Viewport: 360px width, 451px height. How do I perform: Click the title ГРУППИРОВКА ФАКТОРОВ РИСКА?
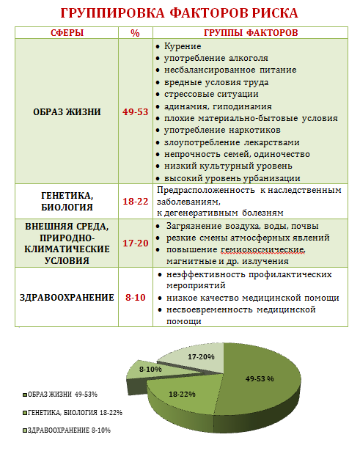point(179,14)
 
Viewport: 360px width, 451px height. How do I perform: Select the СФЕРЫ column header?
point(66,34)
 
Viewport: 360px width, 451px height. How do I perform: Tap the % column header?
point(135,34)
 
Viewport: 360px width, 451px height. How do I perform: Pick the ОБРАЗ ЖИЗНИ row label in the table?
point(66,111)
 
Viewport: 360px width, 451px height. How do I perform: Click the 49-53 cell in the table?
point(135,111)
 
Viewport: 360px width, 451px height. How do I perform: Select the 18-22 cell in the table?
point(135,200)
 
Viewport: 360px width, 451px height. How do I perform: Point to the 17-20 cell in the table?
point(135,243)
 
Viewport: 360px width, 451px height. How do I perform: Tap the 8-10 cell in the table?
point(135,298)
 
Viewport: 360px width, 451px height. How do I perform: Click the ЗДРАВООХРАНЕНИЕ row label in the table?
point(66,298)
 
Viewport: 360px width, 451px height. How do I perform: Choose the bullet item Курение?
point(183,46)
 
